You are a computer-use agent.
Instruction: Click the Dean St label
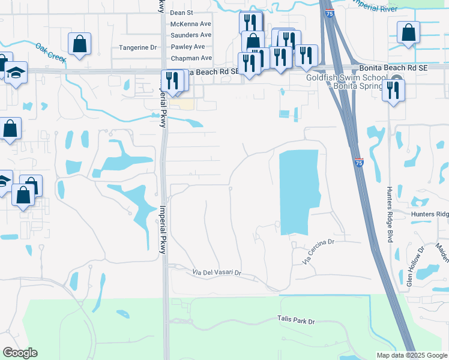(181, 12)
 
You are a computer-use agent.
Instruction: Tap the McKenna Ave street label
(191, 23)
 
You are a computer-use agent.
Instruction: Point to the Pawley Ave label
(187, 46)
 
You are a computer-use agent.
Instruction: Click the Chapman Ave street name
(191, 58)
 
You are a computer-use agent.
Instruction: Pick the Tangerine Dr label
(137, 47)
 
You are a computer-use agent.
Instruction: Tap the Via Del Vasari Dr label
(217, 272)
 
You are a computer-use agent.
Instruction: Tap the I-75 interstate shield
(358, 163)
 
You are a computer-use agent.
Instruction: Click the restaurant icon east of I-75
(393, 90)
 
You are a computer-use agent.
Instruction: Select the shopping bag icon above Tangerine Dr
(79, 44)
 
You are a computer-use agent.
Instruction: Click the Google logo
(20, 353)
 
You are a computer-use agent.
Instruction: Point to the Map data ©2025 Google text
(411, 355)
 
